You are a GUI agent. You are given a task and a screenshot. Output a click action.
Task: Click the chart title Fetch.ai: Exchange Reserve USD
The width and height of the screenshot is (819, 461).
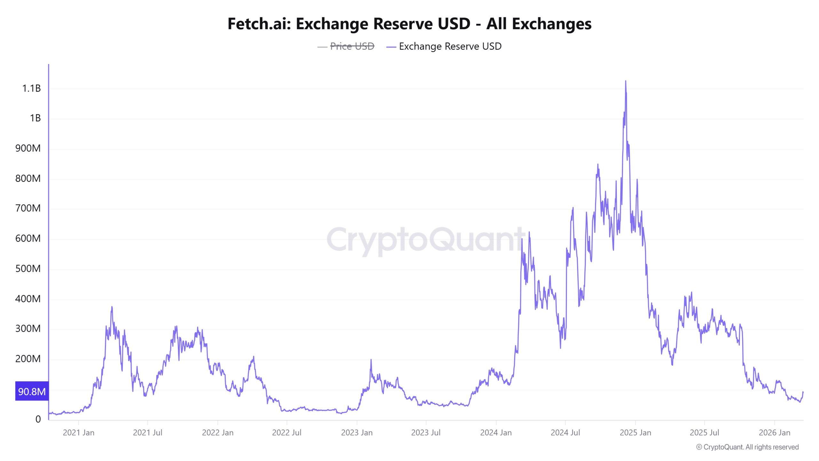pos(409,24)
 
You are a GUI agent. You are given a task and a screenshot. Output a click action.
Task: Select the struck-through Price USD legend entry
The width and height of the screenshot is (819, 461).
pos(352,46)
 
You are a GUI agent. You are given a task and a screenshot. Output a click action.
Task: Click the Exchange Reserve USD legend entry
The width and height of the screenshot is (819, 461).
pos(450,46)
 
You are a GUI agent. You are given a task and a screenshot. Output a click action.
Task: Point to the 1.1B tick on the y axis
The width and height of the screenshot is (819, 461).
pos(31,88)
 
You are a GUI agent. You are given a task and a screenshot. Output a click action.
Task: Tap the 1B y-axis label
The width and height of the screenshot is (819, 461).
pos(35,118)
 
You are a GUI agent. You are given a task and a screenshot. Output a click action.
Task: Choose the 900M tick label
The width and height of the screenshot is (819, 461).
pos(28,148)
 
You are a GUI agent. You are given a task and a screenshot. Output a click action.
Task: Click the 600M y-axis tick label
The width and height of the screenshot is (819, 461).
pos(28,239)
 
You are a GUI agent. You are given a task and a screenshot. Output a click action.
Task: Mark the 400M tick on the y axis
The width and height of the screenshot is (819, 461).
pos(28,299)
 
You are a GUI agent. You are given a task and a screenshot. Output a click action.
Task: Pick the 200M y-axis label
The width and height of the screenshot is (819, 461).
pos(28,359)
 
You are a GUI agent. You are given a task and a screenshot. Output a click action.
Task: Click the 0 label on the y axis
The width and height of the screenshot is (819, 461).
pos(38,419)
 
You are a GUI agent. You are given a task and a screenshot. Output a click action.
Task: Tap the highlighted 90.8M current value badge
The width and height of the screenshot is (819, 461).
pos(32,391)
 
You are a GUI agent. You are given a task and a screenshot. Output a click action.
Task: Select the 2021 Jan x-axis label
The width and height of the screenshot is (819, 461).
pos(78,433)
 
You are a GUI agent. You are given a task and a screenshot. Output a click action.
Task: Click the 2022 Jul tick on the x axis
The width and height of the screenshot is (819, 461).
pos(287,433)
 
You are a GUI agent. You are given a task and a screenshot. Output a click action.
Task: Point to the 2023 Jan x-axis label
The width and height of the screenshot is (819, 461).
pos(357,433)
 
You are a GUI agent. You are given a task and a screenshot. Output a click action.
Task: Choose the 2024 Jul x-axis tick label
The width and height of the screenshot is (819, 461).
pos(565,433)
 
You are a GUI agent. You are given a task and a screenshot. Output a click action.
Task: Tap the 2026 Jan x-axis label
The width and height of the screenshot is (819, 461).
pos(774,433)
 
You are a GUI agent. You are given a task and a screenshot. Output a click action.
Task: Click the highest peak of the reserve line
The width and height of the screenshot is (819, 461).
pos(625,81)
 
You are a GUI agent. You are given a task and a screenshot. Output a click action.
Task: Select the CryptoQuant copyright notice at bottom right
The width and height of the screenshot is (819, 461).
pos(747,447)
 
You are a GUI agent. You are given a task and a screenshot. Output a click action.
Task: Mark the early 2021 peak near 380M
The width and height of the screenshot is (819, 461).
pos(112,307)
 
